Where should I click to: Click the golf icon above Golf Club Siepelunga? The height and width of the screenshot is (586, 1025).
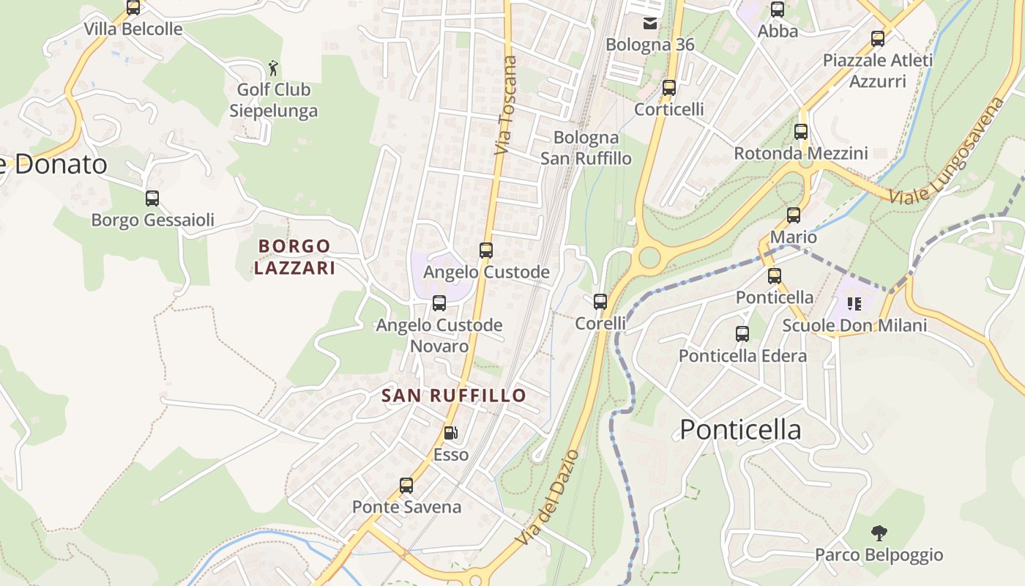pos(273,68)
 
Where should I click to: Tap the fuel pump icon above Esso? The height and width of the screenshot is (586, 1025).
pos(451,433)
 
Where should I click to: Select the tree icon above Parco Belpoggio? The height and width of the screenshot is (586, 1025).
pos(879,533)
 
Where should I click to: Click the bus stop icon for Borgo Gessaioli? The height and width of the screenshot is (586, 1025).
pos(152,199)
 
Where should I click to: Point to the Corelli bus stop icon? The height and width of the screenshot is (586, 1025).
pos(600,301)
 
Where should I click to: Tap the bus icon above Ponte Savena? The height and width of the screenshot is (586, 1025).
pos(406,486)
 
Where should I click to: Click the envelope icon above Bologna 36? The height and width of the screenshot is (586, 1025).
pos(649,23)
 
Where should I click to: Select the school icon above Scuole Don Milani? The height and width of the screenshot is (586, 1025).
pos(854,303)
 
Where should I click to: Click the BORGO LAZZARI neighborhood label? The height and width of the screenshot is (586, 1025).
pos(294,257)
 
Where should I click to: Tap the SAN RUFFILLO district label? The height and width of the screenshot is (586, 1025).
pos(454,396)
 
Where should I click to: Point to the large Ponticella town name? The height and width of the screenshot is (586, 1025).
pos(740,429)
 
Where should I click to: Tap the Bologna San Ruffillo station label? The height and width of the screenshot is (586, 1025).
pos(586,148)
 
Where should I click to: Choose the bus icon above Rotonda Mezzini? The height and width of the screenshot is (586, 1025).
pos(801,132)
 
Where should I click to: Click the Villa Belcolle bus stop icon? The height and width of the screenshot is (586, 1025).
pos(133,8)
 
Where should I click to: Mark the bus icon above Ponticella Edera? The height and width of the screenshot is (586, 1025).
pos(742,334)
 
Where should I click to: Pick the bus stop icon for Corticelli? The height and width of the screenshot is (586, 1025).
pos(668,88)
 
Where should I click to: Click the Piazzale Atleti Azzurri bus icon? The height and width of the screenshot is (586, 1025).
pos(878,39)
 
